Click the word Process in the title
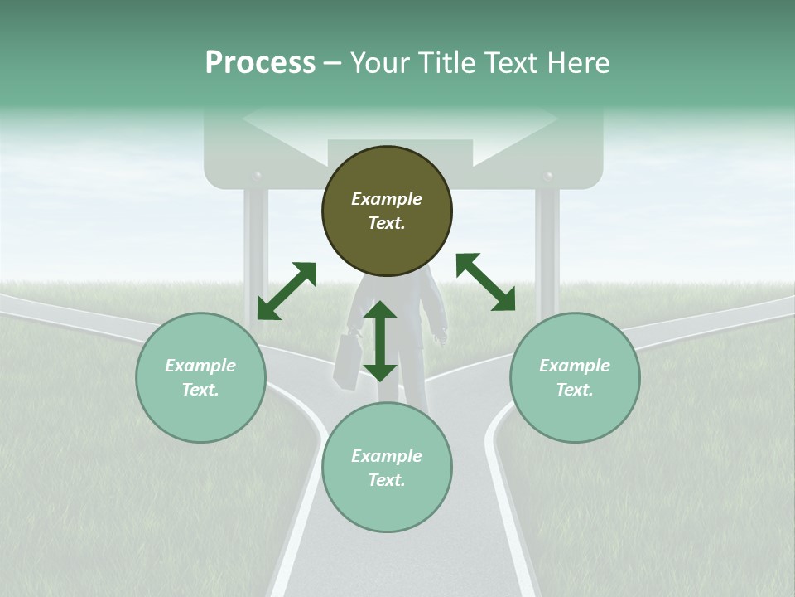click(260, 63)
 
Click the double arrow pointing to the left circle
click(287, 290)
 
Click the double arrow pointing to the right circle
click(485, 282)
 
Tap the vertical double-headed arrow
click(380, 341)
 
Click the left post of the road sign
click(255, 249)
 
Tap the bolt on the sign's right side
click(547, 177)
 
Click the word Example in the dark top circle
click(387, 199)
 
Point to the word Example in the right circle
click(575, 366)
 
